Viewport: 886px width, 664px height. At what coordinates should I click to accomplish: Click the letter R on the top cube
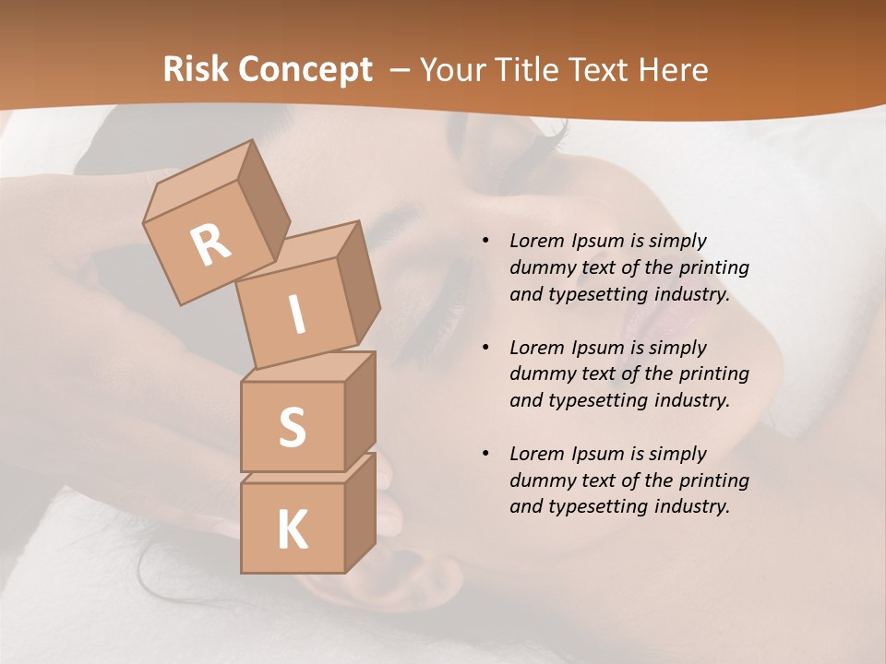click(211, 244)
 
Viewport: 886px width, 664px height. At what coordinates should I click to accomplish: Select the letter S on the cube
click(292, 426)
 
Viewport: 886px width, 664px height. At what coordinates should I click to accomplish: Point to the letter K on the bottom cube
click(292, 530)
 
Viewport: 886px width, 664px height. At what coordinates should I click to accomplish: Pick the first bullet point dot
click(485, 242)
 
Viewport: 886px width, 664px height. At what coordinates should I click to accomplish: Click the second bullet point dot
click(485, 348)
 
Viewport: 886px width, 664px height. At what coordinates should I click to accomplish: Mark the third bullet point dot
click(485, 454)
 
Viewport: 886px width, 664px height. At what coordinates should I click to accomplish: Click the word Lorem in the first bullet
click(536, 241)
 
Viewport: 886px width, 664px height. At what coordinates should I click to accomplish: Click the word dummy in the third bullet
click(538, 480)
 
